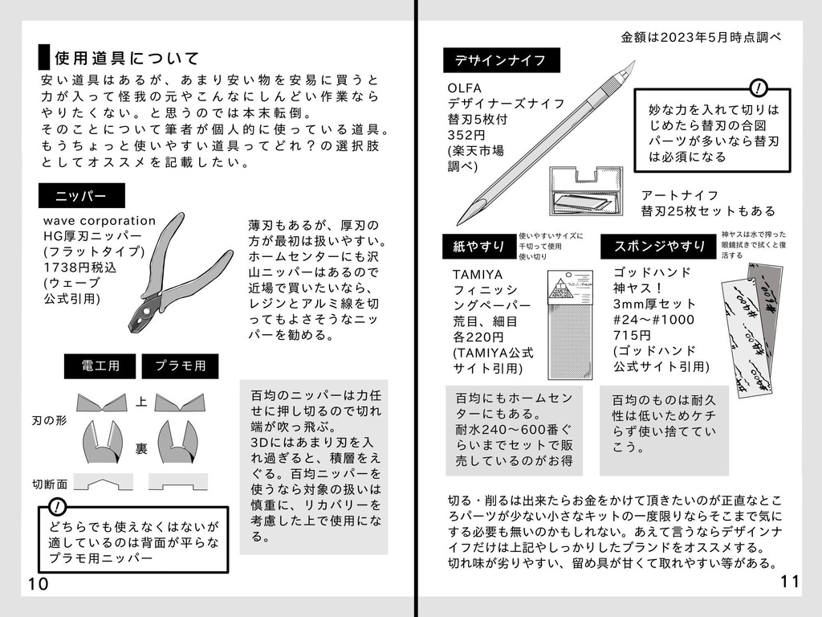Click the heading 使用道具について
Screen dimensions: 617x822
(126, 59)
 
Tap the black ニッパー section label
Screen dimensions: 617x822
(83, 196)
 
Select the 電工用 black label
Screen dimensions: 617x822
(100, 366)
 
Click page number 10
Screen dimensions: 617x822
(39, 583)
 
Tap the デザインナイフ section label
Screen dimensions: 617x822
(501, 60)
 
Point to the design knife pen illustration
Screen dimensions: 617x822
(546, 145)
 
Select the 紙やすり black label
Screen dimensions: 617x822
(480, 247)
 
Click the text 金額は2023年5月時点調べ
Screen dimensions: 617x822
(700, 37)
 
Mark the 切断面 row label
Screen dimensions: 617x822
(50, 484)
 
